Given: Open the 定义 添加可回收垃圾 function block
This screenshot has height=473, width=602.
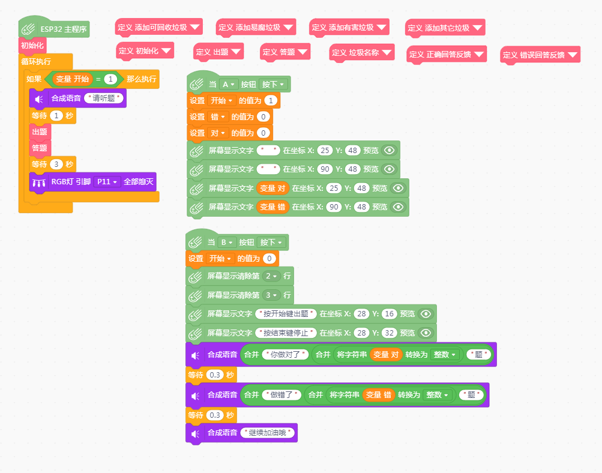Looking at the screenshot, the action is pyautogui.click(x=158, y=28).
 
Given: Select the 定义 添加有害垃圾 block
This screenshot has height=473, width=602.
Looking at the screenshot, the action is pyautogui.click(x=349, y=28).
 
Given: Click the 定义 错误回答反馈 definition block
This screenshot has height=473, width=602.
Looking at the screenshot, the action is pyautogui.click(x=540, y=55).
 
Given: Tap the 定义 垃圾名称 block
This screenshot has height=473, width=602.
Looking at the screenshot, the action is pyautogui.click(x=362, y=53).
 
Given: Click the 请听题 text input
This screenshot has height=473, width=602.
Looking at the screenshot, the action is pyautogui.click(x=104, y=98).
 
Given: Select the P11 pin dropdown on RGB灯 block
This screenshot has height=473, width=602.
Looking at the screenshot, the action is pyautogui.click(x=107, y=182).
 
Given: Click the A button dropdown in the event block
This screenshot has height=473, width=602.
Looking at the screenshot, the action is pyautogui.click(x=228, y=85).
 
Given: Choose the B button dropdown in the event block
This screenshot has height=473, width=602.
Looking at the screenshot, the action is pyautogui.click(x=226, y=243).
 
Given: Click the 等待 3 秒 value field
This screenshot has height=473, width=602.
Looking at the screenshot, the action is pyautogui.click(x=56, y=164).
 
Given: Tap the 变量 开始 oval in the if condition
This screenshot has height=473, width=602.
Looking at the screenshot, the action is pyautogui.click(x=72, y=79).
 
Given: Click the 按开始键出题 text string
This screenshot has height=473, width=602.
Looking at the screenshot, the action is pyautogui.click(x=286, y=314).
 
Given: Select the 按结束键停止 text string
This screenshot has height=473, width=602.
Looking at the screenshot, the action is pyautogui.click(x=286, y=333).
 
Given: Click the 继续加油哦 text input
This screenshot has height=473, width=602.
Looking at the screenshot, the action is pyautogui.click(x=268, y=433).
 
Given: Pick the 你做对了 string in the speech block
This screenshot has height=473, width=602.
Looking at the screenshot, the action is pyautogui.click(x=285, y=354).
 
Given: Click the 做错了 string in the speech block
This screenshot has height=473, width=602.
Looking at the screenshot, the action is pyautogui.click(x=281, y=395).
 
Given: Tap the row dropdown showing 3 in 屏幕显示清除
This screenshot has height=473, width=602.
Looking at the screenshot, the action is pyautogui.click(x=271, y=295).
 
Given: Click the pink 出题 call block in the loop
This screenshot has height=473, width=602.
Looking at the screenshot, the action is pyautogui.click(x=40, y=132).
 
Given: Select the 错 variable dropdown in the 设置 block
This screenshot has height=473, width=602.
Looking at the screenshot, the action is pyautogui.click(x=218, y=116).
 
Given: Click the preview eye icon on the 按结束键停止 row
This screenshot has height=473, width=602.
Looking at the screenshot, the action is pyautogui.click(x=426, y=333).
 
